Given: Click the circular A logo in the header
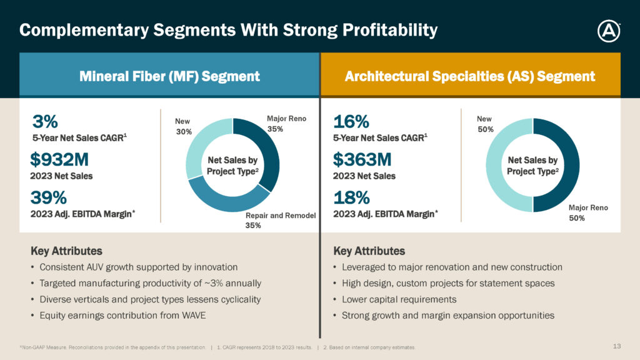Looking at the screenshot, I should pyautogui.click(x=608, y=31).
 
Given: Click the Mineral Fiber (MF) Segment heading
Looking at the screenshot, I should pyautogui.click(x=169, y=77).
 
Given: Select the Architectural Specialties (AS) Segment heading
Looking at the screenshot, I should pyautogui.click(x=470, y=77).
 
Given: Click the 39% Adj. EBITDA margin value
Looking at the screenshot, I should pyautogui.click(x=49, y=197).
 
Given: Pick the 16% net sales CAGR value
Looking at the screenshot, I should pyautogui.click(x=351, y=121).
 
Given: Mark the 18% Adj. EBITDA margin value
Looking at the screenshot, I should pyautogui.click(x=351, y=197).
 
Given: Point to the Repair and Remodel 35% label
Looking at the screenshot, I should pyautogui.click(x=281, y=221).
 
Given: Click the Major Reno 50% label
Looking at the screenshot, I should pyautogui.click(x=588, y=212).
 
